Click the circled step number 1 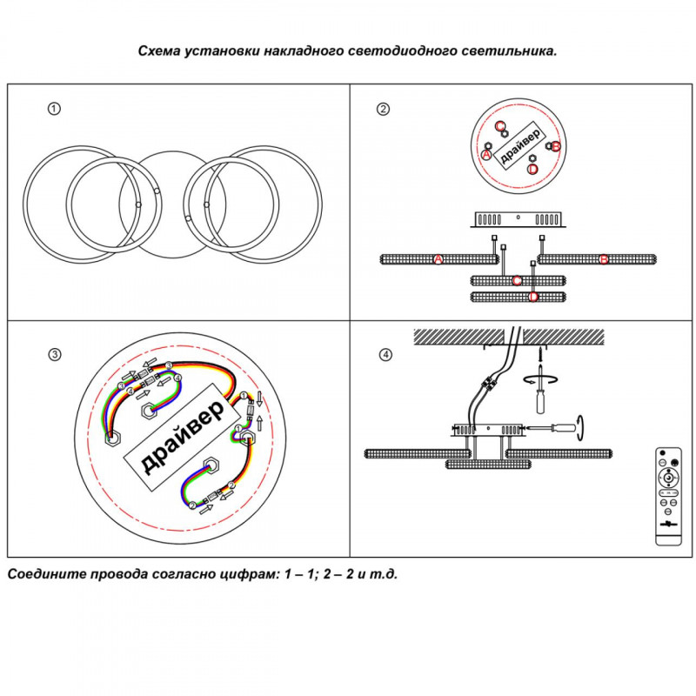tap(54, 110)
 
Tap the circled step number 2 tap(383, 110)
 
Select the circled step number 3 tap(54, 355)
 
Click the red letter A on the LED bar tap(438, 259)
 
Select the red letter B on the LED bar tap(604, 259)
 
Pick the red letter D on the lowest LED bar tap(533, 298)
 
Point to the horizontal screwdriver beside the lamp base tap(557, 427)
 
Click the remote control tap(667, 497)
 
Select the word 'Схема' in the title tap(159, 50)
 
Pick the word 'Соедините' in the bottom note tap(43, 574)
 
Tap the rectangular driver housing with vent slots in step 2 tap(518, 219)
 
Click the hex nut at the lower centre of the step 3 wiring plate tap(210, 464)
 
